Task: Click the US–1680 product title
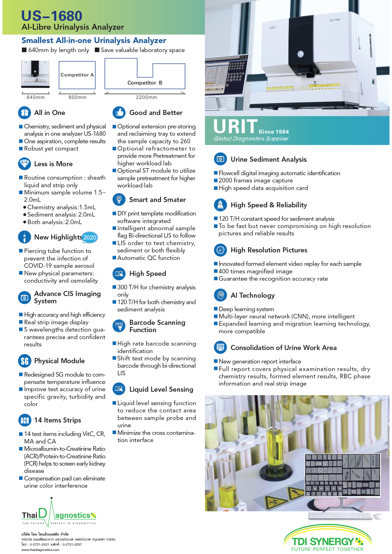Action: coord(52,16)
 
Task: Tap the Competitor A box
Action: coord(77,75)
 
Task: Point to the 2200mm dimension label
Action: coord(146,97)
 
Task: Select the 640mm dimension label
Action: coord(36,97)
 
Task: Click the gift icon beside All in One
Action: coord(25,112)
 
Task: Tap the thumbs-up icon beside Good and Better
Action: coord(119,112)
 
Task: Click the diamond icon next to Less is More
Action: coord(25,164)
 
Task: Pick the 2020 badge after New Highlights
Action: coord(90,238)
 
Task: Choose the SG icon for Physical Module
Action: coord(25,361)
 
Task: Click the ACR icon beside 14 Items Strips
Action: coord(25,420)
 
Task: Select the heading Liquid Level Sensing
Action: coord(161,389)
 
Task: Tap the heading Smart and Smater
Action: coord(157,200)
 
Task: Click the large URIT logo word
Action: coord(235,126)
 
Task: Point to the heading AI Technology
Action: coord(253,295)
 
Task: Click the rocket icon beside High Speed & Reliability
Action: coord(220,205)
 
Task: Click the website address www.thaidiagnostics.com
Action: coord(40,550)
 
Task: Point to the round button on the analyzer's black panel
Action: coord(300,54)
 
